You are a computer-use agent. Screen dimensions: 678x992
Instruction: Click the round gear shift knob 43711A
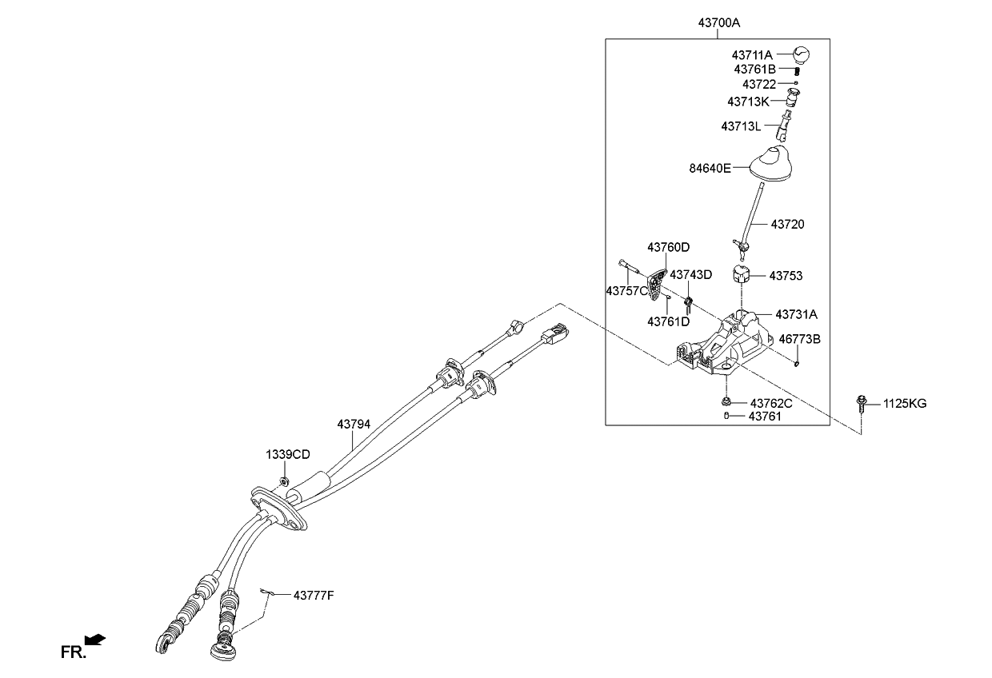tap(802, 55)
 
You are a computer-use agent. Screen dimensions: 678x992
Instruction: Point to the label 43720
tap(787, 225)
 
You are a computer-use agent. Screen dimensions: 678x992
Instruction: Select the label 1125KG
tap(905, 404)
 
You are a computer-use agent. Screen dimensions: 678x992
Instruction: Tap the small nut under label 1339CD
tap(285, 481)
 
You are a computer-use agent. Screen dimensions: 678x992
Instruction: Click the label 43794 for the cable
tap(354, 424)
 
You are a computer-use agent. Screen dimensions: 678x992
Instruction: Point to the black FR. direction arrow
tap(95, 638)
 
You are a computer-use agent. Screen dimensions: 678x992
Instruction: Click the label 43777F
tap(313, 596)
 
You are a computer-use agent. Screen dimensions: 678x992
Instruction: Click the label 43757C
tap(626, 291)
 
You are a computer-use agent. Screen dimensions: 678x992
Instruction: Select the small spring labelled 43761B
tap(798, 70)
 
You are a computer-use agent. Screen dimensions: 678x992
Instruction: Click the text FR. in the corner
tap(73, 652)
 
